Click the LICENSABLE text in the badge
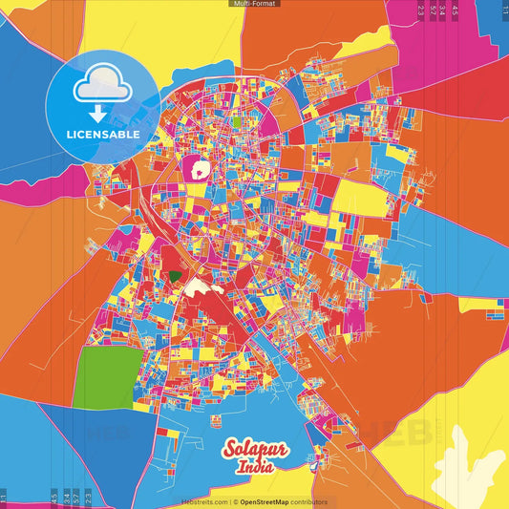pos(102,135)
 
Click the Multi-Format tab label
pos(254,4)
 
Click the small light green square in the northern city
pos(236,122)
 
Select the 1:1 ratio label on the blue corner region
pos(504,10)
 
